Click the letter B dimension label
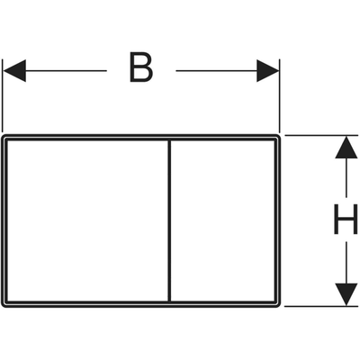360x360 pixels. (141, 67)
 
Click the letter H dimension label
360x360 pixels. (346, 219)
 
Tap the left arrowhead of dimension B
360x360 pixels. (14, 71)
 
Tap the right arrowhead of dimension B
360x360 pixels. (268, 71)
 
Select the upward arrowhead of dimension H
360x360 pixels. (346, 148)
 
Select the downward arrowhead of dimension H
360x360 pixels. (346, 294)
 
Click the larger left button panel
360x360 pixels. (87, 220)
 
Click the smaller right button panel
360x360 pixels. (222, 220)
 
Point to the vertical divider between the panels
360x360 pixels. (169, 220)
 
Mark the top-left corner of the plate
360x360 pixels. (3, 136)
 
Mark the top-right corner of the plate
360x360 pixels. (280, 136)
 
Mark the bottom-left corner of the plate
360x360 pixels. (3, 306)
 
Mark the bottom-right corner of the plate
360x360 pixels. (280, 306)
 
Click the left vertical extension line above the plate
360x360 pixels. (3, 95)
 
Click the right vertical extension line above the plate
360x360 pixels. (280, 95)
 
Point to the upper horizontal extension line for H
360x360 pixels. (321, 135)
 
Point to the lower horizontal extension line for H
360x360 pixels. (321, 307)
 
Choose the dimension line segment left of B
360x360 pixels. (66, 71)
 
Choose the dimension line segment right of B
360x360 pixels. (217, 71)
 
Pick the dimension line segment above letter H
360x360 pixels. (346, 177)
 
